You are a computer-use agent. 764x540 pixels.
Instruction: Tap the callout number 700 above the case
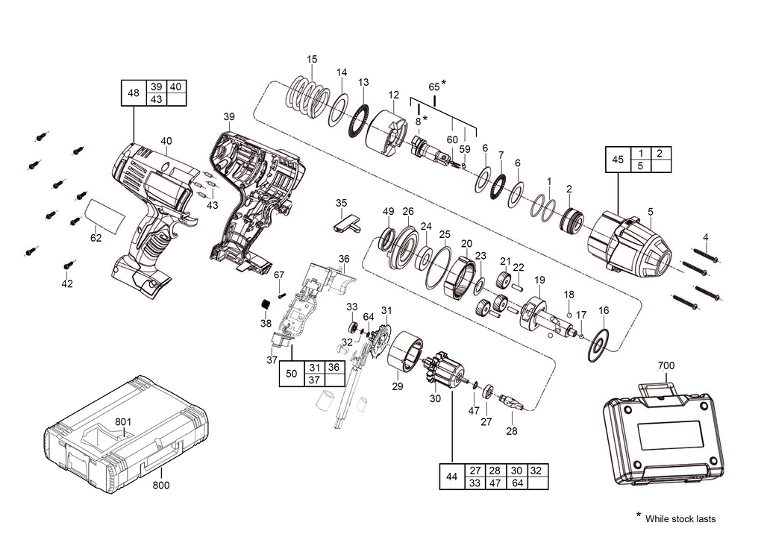point(666,365)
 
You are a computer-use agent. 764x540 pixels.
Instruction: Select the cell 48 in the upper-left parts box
point(133,93)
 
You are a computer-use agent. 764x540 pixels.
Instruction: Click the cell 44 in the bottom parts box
point(451,477)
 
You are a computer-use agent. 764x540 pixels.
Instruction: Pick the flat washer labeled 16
point(599,345)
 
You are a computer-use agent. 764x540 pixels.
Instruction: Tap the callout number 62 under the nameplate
point(96,238)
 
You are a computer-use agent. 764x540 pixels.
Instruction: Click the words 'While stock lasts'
point(680,518)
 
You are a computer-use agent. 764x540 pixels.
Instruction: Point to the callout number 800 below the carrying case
point(161,485)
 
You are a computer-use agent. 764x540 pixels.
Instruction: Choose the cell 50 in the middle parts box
point(292,374)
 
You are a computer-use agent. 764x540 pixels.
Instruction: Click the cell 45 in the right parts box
point(618,159)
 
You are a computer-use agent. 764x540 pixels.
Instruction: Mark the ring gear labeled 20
point(460,277)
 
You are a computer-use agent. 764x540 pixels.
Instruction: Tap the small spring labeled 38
point(265,304)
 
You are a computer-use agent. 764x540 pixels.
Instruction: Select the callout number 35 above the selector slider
point(341,203)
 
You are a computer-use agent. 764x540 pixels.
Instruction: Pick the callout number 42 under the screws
point(66,283)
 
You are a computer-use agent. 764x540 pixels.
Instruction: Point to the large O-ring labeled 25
point(439,269)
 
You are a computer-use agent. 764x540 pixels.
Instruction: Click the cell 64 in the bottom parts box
point(517,483)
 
